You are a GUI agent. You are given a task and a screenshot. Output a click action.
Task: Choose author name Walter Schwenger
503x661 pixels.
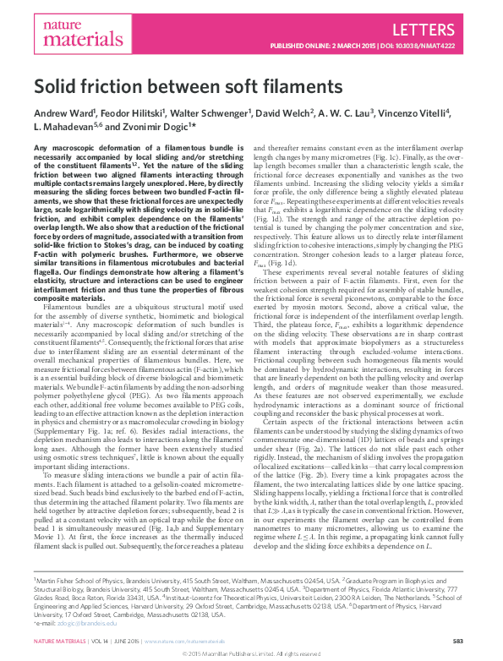coord(210,112)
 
